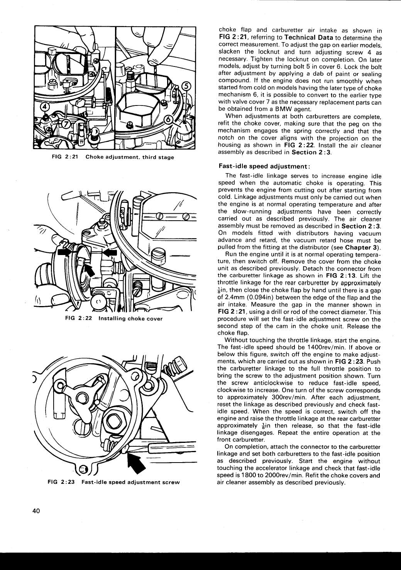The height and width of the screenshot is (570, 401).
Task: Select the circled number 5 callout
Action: pyautogui.click(x=186, y=87)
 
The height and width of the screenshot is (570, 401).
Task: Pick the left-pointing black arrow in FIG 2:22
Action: pyautogui.click(x=110, y=252)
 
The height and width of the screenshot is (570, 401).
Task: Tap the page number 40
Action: pyautogui.click(x=36, y=510)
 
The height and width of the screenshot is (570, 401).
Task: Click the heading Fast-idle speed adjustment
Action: pyautogui.click(x=264, y=166)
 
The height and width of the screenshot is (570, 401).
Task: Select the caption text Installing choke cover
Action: pyautogui.click(x=130, y=319)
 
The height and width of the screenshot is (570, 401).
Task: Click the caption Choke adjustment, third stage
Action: pyautogui.click(x=130, y=157)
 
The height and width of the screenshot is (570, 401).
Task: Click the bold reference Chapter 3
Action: pyautogui.click(x=362, y=247)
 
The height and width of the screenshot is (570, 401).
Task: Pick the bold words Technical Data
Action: pyautogui.click(x=309, y=38)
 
